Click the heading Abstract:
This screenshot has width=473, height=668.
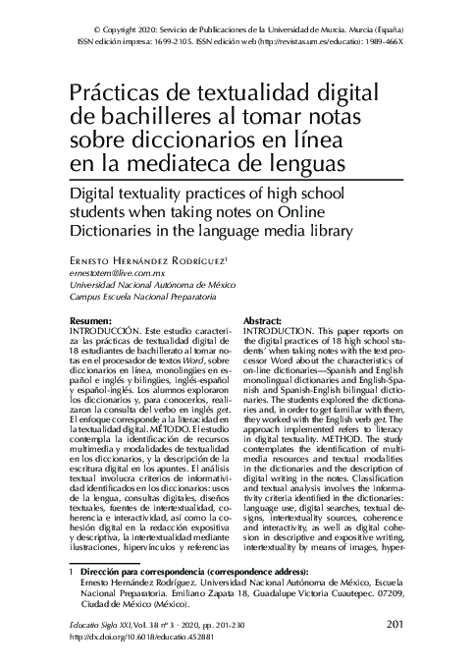(262, 322)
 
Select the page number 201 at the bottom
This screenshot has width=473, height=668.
(398, 624)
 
